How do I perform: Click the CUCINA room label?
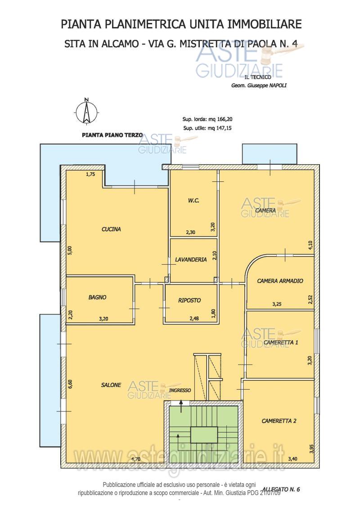[111, 229]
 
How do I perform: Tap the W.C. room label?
[193, 201]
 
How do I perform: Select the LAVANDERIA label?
[191, 260]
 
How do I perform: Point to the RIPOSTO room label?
[189, 301]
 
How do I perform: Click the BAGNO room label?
[97, 297]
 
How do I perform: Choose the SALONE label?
[111, 385]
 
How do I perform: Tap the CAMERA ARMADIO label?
[280, 281]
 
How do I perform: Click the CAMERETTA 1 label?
[281, 342]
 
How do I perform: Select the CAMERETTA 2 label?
[279, 421]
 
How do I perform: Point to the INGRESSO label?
[180, 390]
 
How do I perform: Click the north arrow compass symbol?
[86, 111]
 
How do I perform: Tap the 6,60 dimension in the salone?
[71, 384]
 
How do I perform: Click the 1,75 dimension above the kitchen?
[90, 174]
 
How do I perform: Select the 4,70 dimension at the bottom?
[136, 459]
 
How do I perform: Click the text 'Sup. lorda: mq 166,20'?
[207, 119]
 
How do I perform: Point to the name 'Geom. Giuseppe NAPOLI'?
[259, 86]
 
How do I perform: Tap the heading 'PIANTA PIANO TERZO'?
[112, 135]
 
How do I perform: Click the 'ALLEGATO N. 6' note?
[281, 489]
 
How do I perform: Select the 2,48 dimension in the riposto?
[194, 319]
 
